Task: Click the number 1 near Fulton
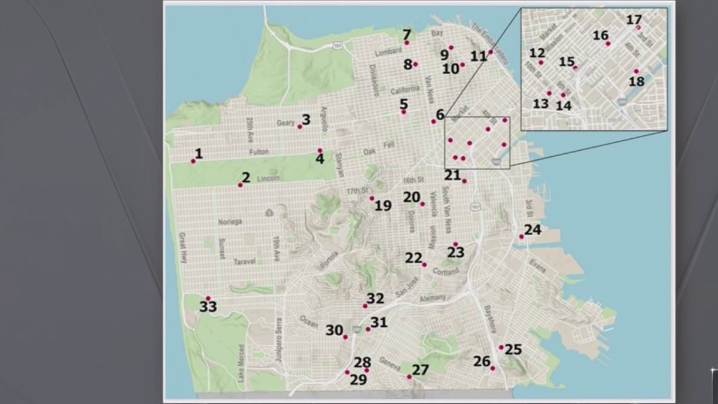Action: tap(199, 153)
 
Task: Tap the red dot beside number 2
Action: tap(240, 185)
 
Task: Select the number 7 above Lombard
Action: tap(407, 34)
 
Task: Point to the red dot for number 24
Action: tap(521, 236)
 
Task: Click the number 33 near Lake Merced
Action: tap(208, 308)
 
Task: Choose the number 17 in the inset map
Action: tap(634, 20)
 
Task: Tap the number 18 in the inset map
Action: tap(637, 81)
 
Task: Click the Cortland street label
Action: tap(446, 272)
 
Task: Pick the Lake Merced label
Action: tap(241, 363)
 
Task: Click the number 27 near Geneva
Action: tap(420, 370)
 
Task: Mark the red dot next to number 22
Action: tap(424, 265)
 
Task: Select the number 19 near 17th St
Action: tap(383, 206)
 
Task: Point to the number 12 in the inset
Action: tap(537, 53)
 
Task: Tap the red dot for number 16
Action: tap(608, 44)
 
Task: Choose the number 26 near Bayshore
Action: tap(482, 362)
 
